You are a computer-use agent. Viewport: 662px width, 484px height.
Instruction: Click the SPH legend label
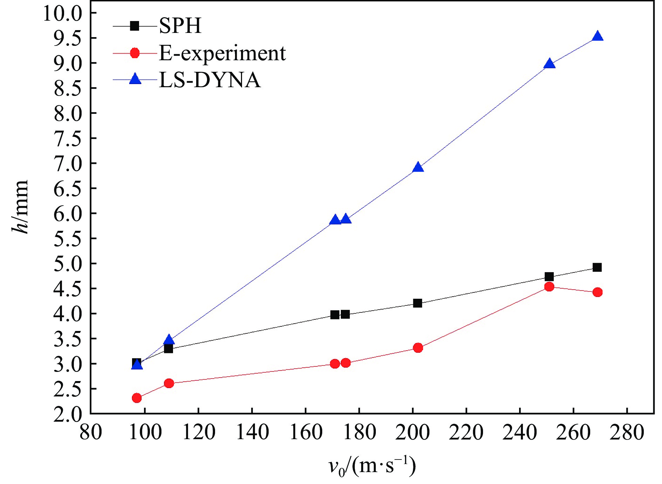pos(180,26)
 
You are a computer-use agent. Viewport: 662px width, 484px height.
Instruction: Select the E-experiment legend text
pos(222,53)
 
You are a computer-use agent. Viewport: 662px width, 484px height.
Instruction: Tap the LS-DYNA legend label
pos(209,80)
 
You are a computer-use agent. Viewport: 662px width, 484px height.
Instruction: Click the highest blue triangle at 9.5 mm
pos(598,36)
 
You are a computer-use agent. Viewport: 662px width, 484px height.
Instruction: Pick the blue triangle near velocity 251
pos(550,64)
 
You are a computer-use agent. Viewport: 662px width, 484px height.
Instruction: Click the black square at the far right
pos(597,268)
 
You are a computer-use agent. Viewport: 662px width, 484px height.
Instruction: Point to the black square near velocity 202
pos(418,303)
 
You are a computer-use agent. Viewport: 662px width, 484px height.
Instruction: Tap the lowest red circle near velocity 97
pos(137,398)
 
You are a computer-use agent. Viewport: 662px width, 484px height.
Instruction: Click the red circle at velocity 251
pos(549,287)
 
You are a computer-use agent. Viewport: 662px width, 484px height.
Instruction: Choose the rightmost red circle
pos(598,292)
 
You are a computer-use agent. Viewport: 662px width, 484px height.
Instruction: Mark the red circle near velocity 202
pos(418,348)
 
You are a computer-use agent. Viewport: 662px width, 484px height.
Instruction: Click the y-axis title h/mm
pos(20,207)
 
